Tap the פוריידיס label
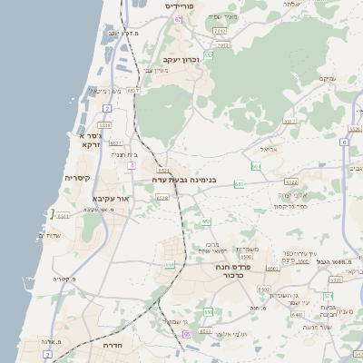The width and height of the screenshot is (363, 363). (187, 5)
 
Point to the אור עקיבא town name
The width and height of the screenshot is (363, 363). (113, 197)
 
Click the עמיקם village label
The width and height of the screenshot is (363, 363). (327, 80)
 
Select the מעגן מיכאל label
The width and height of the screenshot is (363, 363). (105, 91)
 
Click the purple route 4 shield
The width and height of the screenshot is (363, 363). (132, 165)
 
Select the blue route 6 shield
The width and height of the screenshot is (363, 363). (345, 142)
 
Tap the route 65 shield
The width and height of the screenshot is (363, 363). (187, 334)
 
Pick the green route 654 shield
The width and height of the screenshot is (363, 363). (256, 167)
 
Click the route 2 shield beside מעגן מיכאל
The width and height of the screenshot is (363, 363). (107, 109)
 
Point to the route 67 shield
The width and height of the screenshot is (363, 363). (179, 19)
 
